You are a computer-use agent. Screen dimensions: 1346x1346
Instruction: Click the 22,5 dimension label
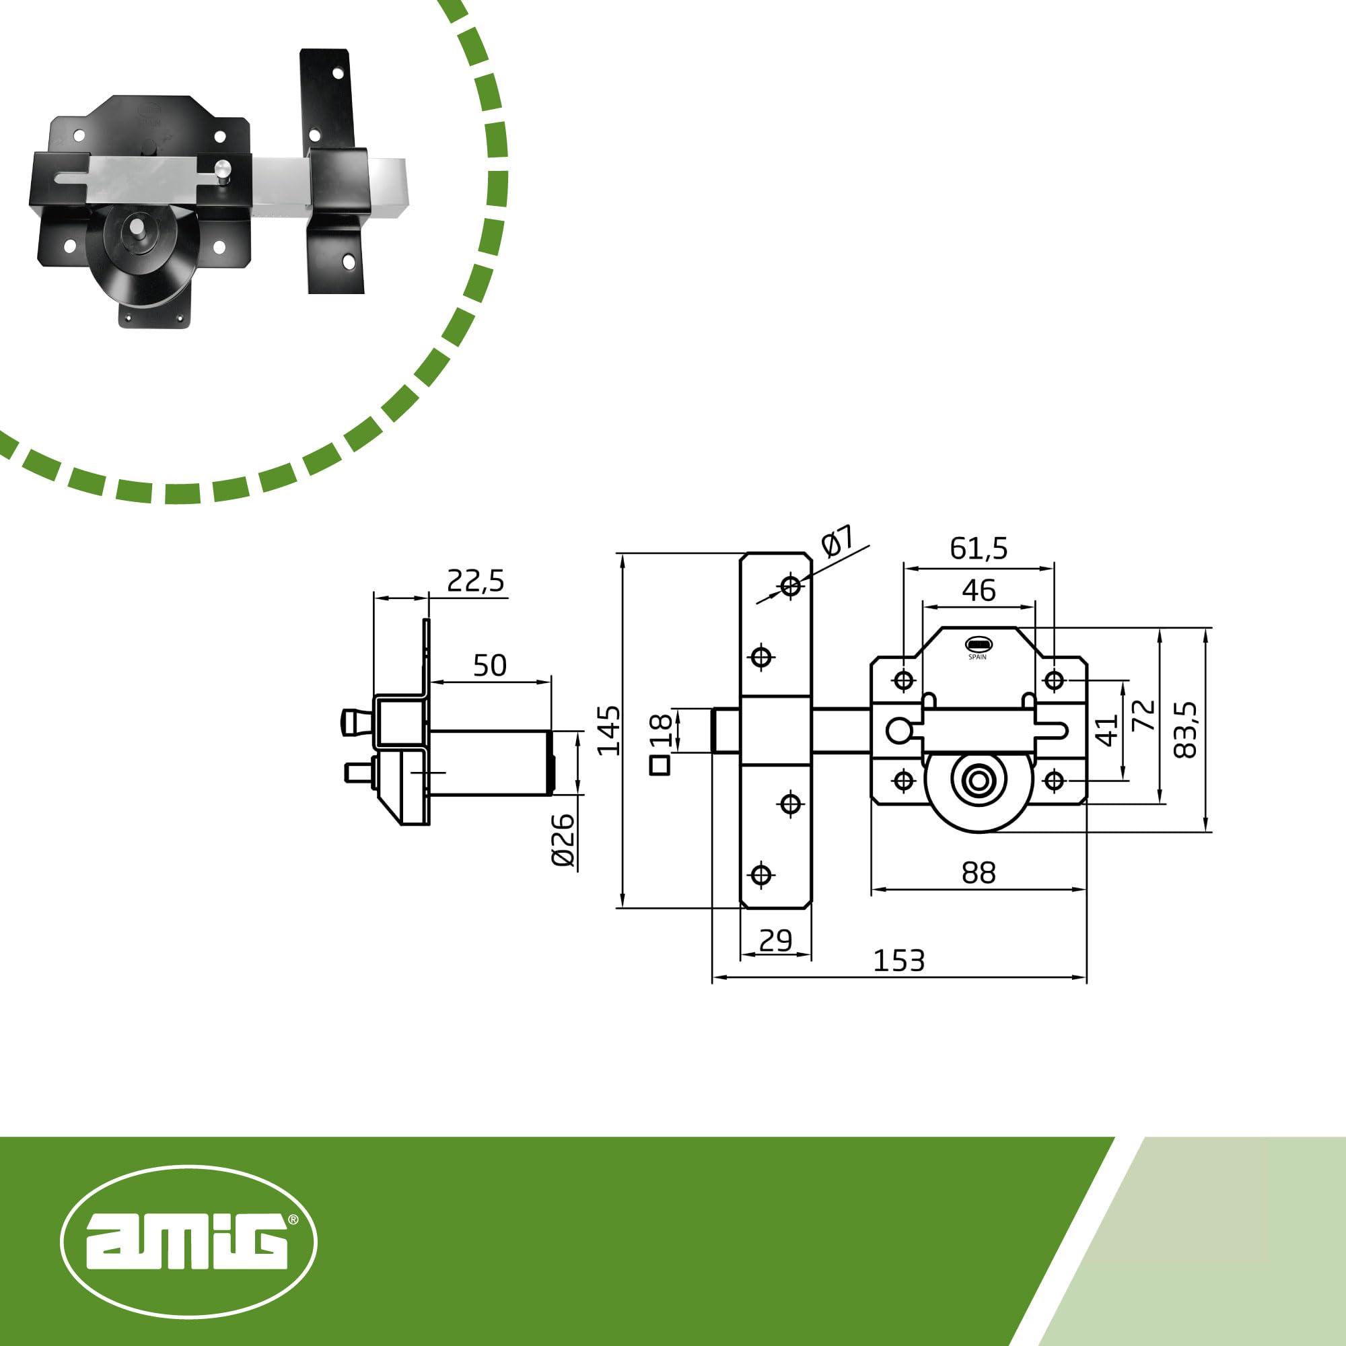[x=475, y=580]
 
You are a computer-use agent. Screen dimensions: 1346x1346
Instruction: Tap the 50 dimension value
[x=490, y=666]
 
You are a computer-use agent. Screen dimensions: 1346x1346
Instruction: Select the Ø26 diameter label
[x=563, y=839]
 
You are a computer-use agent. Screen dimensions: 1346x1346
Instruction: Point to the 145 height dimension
[x=609, y=730]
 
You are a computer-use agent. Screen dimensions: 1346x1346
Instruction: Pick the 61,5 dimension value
[x=979, y=549]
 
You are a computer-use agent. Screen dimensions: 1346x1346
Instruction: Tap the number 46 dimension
[x=979, y=590]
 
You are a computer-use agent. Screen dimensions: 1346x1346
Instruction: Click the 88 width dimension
[x=979, y=872]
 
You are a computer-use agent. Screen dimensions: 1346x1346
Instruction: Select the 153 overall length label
[x=898, y=962]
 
